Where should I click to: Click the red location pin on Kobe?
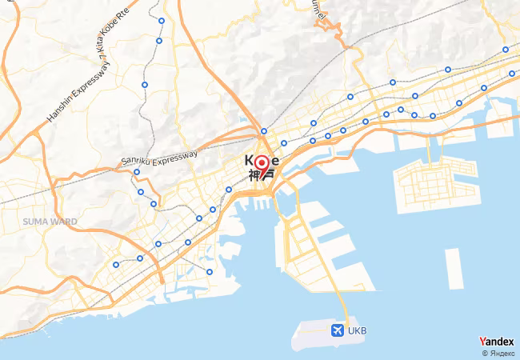(261, 166)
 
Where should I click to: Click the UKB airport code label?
(358, 330)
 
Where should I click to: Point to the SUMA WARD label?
(50, 221)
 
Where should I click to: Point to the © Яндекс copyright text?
(497, 353)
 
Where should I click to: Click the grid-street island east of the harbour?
(432, 184)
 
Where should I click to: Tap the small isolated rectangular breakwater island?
(454, 268)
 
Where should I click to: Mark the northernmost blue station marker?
(162, 21)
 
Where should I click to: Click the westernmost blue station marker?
(116, 265)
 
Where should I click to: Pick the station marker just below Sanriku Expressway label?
(137, 172)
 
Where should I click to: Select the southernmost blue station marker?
(210, 272)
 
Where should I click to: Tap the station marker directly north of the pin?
(264, 131)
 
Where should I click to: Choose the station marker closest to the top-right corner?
(506, 50)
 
